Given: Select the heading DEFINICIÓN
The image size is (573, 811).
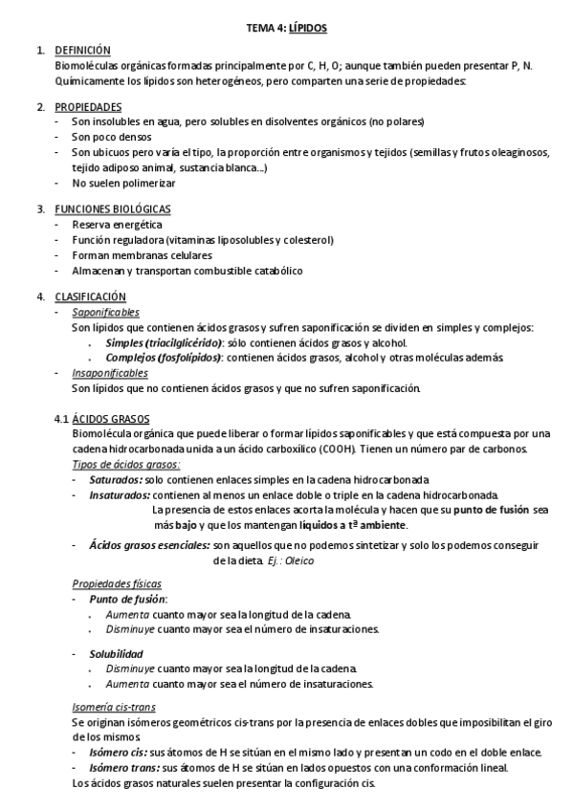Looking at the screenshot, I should click(x=83, y=49).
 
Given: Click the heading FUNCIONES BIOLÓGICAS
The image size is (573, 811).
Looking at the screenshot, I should click(x=113, y=208).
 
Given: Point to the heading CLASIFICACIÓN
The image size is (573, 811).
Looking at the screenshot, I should click(x=91, y=296).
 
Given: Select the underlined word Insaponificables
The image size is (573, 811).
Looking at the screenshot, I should click(x=109, y=372).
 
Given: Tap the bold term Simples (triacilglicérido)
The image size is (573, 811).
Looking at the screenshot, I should click(x=165, y=342).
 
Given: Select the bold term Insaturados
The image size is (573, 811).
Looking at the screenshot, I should click(x=120, y=494).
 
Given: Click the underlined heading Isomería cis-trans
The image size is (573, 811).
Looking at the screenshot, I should click(x=114, y=707).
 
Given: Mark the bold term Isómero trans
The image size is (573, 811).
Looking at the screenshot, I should click(x=123, y=767).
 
